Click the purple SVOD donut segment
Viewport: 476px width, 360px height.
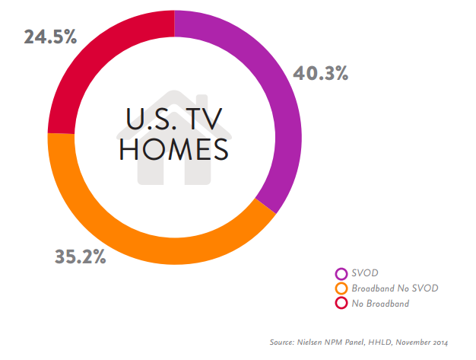pyautogui.click(x=281, y=99)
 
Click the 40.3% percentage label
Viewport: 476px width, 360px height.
pyautogui.click(x=321, y=73)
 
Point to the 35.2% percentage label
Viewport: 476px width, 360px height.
pyautogui.click(x=80, y=256)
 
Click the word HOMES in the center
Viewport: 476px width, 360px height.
pyautogui.click(x=174, y=149)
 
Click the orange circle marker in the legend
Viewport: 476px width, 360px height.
pyautogui.click(x=341, y=288)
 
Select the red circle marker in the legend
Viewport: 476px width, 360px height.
pyautogui.click(x=341, y=303)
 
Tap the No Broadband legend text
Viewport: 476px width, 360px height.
pyautogui.click(x=380, y=303)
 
